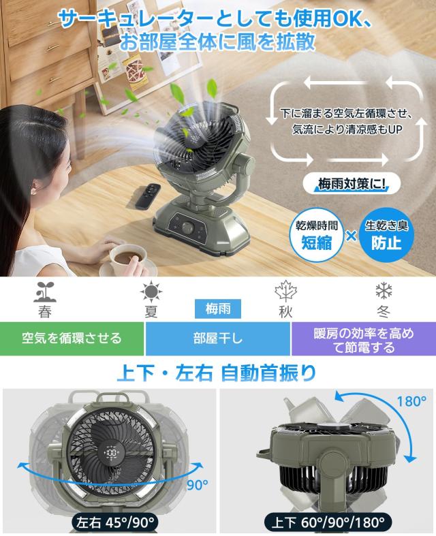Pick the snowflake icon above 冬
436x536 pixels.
click(x=384, y=291)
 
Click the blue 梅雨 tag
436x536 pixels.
click(x=218, y=309)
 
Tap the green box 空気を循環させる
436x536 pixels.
click(x=72, y=338)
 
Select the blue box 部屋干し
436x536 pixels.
click(x=218, y=338)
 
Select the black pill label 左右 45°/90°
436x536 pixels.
click(x=108, y=523)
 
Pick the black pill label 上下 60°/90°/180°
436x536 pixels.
click(x=326, y=523)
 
